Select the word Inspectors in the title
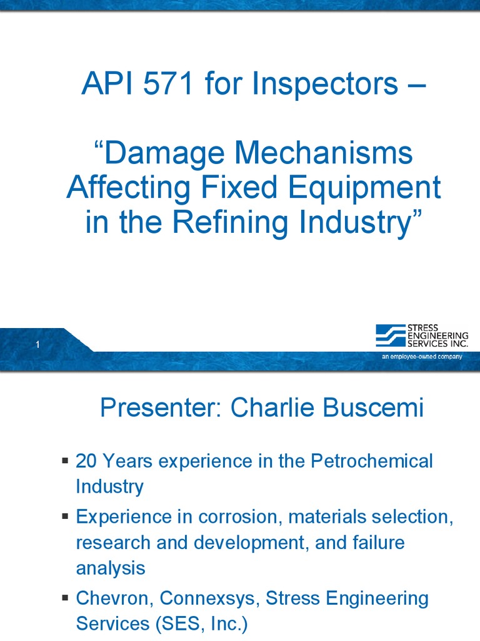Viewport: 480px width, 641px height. click(x=325, y=84)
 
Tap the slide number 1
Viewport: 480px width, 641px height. click(x=38, y=345)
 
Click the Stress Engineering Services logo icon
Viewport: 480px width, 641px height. click(x=390, y=336)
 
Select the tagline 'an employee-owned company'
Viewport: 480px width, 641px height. click(x=422, y=357)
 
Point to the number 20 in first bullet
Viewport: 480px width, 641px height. click(x=86, y=461)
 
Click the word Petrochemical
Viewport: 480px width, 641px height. click(x=372, y=461)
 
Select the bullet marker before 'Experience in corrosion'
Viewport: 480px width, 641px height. click(x=65, y=516)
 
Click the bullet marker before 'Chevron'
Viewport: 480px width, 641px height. click(x=65, y=598)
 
